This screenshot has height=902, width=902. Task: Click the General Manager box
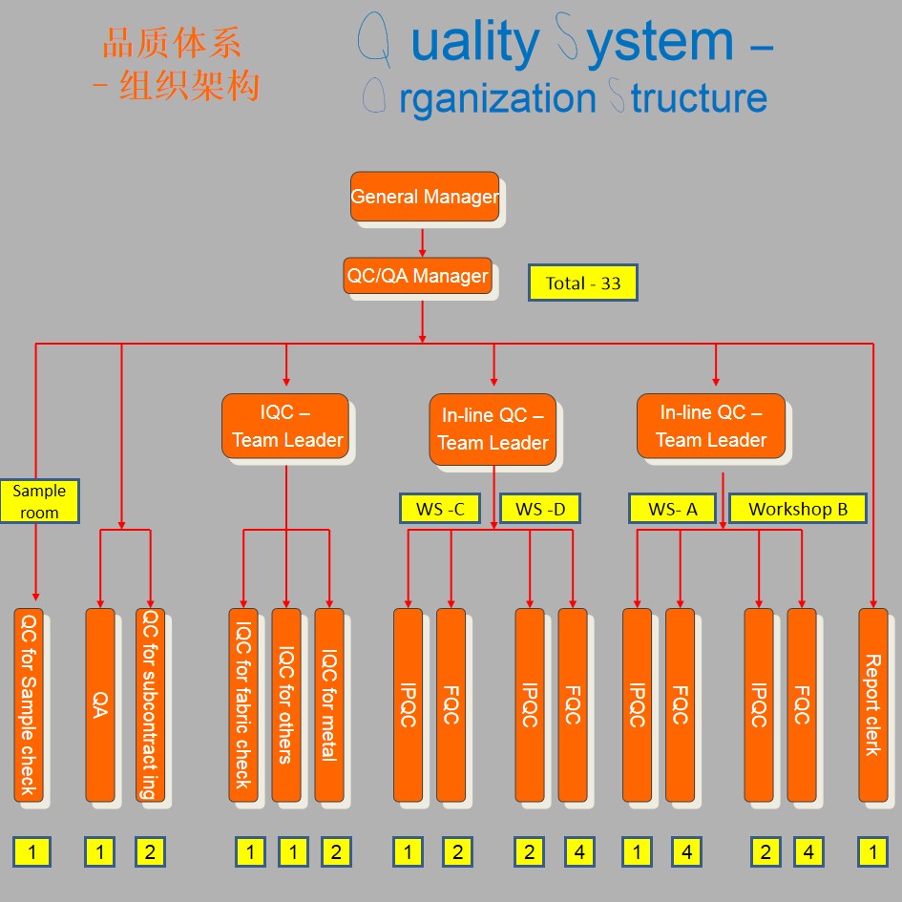[424, 197]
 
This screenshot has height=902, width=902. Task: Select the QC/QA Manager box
[417, 277]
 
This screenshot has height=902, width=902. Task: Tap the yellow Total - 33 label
[582, 283]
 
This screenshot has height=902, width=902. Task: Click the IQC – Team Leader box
[287, 426]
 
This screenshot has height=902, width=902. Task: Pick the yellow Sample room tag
[39, 501]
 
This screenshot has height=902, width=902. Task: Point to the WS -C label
[440, 509]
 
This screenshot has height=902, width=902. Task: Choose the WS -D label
[540, 509]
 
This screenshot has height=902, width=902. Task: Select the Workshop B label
[798, 509]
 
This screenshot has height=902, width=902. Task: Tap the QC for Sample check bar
[29, 704]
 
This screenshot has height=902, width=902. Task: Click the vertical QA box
[99, 704]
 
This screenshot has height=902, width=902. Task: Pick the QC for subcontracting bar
[150, 704]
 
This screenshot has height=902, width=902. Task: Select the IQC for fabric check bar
[243, 704]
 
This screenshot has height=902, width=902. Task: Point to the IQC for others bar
[286, 704]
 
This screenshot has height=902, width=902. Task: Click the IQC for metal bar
[329, 704]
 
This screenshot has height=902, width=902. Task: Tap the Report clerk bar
[872, 704]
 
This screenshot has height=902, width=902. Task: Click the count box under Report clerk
[872, 852]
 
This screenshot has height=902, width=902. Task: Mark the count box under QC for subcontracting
[150, 852]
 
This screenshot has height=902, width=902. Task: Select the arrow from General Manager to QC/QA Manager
[422, 240]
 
